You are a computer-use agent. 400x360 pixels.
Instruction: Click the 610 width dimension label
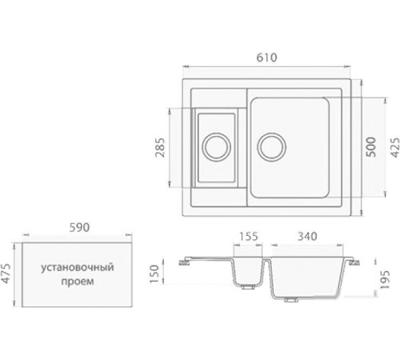tap(268, 58)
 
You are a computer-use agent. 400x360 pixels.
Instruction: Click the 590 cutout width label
tap(77, 228)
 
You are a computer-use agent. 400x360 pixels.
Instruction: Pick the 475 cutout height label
tap(8, 274)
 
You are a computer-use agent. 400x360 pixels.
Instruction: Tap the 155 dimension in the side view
tap(249, 237)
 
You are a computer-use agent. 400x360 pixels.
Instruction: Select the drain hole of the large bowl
tap(271, 147)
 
